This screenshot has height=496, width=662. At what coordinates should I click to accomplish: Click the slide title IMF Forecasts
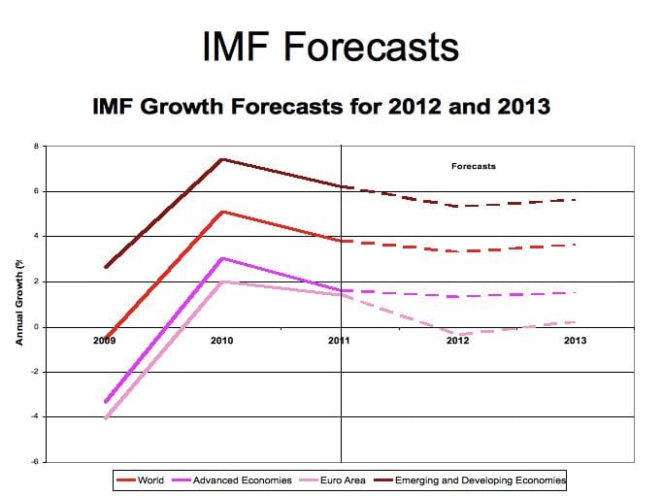330,46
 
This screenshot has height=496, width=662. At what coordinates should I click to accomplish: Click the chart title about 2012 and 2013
320,105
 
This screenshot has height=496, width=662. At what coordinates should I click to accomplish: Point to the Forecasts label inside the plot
473,166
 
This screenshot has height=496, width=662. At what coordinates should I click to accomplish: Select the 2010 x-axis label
221,341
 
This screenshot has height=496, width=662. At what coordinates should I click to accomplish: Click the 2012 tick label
458,341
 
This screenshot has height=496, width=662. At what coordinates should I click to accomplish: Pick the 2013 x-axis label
575,341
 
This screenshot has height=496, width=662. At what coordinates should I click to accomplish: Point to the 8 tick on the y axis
36,147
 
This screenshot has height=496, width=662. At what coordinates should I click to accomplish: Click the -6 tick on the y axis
34,461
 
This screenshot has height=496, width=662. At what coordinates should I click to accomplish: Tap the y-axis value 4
36,236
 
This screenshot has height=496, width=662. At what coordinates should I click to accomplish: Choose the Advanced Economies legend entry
231,480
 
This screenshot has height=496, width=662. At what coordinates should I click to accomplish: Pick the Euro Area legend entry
339,480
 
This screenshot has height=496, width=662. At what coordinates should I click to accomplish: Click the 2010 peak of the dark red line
222,159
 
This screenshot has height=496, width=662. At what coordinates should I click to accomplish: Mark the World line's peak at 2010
222,212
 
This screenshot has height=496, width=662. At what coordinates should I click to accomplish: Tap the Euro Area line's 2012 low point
458,334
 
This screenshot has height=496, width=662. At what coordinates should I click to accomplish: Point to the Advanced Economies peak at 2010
222,258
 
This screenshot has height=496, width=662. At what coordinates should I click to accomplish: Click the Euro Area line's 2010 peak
222,281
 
